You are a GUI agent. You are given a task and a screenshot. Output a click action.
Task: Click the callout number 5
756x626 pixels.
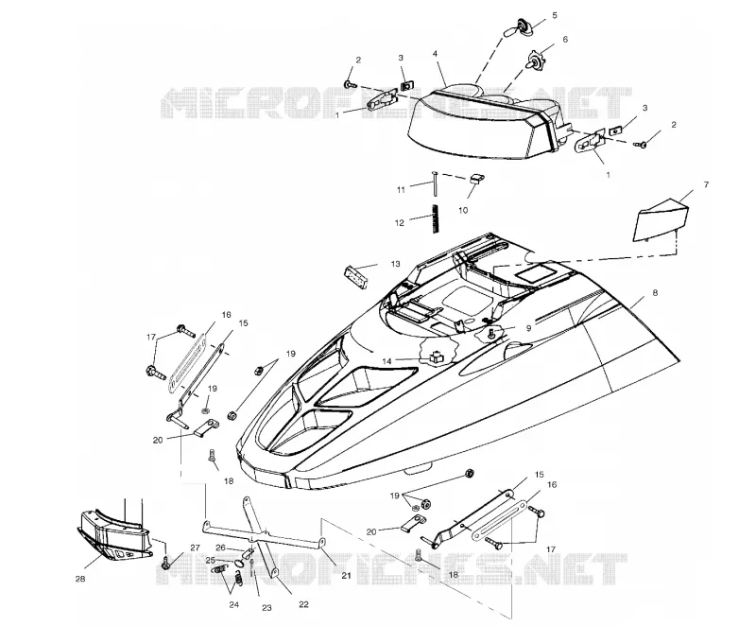555,15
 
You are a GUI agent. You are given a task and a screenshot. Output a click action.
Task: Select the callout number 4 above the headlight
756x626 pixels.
436,54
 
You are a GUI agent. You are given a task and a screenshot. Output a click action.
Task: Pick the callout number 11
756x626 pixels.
401,190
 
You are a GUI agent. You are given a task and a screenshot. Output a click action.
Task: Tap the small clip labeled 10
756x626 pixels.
476,179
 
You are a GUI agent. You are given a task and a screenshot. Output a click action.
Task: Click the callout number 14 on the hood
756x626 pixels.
387,360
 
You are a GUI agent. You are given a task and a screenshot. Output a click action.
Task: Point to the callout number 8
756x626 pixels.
655,293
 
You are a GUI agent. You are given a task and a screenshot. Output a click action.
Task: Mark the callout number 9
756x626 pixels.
529,328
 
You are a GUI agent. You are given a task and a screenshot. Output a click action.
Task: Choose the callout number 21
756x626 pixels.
346,575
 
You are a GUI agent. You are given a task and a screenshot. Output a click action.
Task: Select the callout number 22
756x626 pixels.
303,604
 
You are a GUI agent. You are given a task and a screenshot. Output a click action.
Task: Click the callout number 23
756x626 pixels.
266,608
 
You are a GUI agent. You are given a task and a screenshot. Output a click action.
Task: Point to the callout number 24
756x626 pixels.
233,605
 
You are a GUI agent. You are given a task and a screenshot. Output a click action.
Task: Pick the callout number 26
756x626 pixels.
220,548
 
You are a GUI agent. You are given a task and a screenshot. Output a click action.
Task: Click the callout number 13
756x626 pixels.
395,264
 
